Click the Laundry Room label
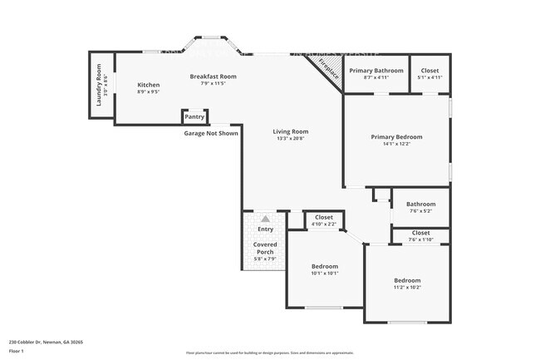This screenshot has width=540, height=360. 98,86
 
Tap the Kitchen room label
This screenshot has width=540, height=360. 149,85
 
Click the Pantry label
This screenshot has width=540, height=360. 194,117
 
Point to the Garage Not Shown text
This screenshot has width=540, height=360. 211,133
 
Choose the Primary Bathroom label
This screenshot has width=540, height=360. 376,71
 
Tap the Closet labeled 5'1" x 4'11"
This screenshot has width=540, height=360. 430,71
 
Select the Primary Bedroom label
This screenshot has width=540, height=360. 396,136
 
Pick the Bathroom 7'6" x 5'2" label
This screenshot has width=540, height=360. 420,204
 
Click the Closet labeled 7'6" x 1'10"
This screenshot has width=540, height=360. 420,233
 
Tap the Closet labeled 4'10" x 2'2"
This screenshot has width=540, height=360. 323,217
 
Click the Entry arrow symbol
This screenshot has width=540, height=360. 265,218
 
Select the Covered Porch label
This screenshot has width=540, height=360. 265,248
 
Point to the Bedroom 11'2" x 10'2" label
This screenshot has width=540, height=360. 407,280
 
